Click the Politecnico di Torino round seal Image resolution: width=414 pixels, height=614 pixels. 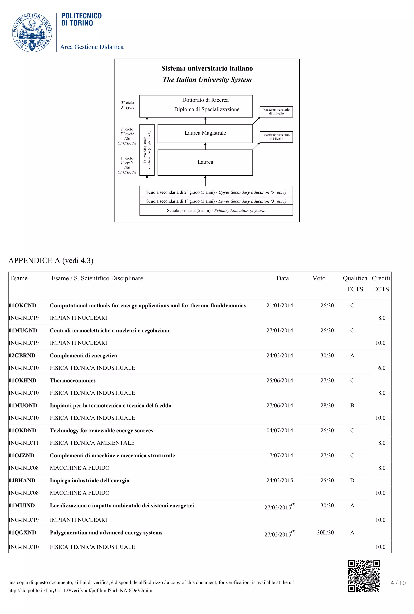[x=32, y=32]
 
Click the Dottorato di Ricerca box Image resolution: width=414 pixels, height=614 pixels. [x=196, y=106]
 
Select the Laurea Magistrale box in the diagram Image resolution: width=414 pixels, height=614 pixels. [x=205, y=133]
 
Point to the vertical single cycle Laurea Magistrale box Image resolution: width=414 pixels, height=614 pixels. [x=147, y=150]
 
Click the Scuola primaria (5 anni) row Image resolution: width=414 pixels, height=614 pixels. [x=216, y=210]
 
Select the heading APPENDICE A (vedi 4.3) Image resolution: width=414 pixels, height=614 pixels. [x=51, y=260]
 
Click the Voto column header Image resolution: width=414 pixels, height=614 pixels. [x=319, y=278]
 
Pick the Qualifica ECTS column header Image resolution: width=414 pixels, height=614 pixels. [x=355, y=284]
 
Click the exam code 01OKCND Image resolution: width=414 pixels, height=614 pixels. [x=22, y=306]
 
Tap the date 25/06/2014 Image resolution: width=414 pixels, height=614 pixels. [x=280, y=380]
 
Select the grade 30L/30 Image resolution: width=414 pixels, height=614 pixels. [x=325, y=532]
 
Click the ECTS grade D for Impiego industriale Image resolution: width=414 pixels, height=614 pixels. [x=352, y=481]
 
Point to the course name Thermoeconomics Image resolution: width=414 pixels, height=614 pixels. [x=73, y=380]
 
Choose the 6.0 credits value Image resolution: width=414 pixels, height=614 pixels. [x=381, y=368]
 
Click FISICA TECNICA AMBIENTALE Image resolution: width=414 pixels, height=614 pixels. [x=92, y=443]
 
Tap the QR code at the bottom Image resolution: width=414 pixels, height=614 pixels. [x=364, y=576]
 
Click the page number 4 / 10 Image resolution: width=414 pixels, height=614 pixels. [x=398, y=583]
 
